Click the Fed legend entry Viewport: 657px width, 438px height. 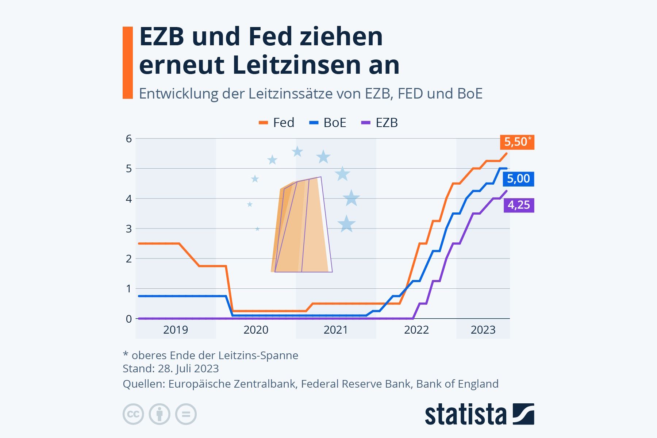(277, 123)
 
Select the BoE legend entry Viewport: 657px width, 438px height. (328, 123)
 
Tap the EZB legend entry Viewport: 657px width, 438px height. (380, 123)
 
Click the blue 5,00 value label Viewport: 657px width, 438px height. (518, 179)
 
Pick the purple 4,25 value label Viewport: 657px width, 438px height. (519, 205)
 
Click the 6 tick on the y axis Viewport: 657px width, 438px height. (128, 139)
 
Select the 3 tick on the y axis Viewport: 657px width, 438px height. (128, 229)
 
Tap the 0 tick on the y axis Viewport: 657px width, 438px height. (128, 319)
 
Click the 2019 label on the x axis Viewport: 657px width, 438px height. (176, 330)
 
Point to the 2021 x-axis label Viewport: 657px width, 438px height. (336, 330)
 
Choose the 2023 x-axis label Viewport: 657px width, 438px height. (483, 330)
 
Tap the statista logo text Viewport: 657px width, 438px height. (465, 415)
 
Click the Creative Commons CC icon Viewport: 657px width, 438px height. (133, 414)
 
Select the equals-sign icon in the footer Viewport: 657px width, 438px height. (186, 414)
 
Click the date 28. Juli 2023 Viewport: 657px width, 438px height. (188, 369)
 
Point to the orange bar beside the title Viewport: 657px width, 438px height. (128, 62)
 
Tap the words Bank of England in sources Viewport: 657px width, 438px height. (457, 384)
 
